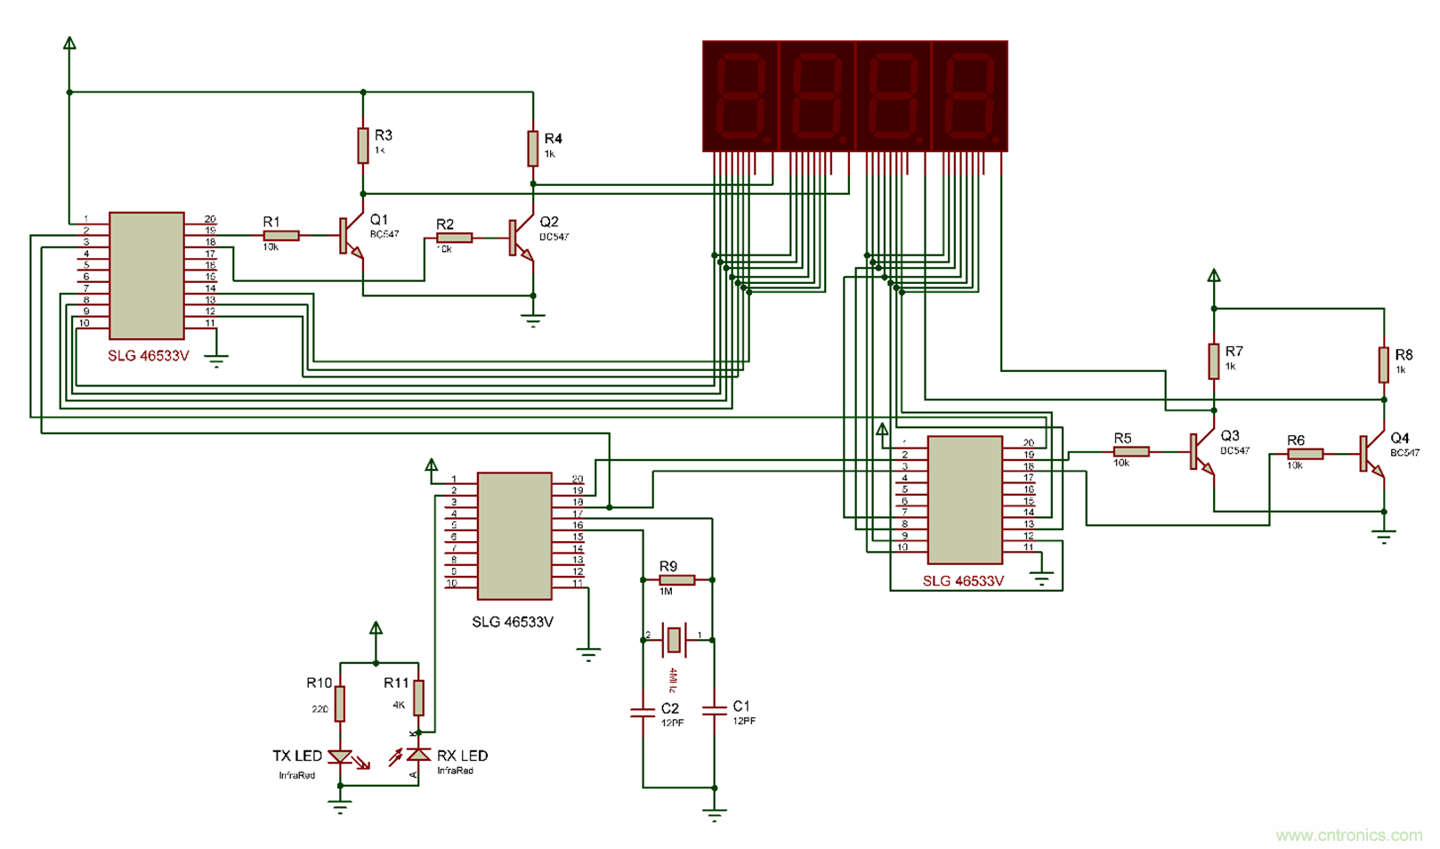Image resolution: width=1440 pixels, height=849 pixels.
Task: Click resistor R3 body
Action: (363, 145)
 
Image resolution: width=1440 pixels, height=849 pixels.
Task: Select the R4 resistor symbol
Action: (532, 149)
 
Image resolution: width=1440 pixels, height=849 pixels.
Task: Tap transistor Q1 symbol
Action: (349, 237)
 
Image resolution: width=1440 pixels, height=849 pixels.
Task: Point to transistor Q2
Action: (518, 239)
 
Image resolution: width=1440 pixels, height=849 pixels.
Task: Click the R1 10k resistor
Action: (281, 236)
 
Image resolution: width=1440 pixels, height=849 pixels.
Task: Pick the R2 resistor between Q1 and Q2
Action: (454, 238)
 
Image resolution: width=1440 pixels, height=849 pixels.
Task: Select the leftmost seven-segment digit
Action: (740, 95)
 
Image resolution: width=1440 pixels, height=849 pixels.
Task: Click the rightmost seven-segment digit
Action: (970, 95)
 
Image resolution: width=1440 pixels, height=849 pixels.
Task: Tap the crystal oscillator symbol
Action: (675, 639)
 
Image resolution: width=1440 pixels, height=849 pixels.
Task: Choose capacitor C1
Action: (714, 710)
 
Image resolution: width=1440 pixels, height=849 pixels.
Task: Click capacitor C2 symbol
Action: (643, 712)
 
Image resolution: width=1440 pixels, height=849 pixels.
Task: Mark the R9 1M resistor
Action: (677, 580)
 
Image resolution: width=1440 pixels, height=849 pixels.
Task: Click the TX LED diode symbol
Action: (340, 756)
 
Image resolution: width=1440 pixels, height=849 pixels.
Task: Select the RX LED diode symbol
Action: (418, 755)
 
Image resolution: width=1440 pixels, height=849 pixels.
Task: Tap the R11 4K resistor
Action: (418, 698)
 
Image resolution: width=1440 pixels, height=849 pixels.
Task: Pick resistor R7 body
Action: (1213, 361)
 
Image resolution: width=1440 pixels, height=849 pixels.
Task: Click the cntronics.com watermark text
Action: (1348, 835)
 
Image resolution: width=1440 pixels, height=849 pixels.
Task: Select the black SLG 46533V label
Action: (513, 622)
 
